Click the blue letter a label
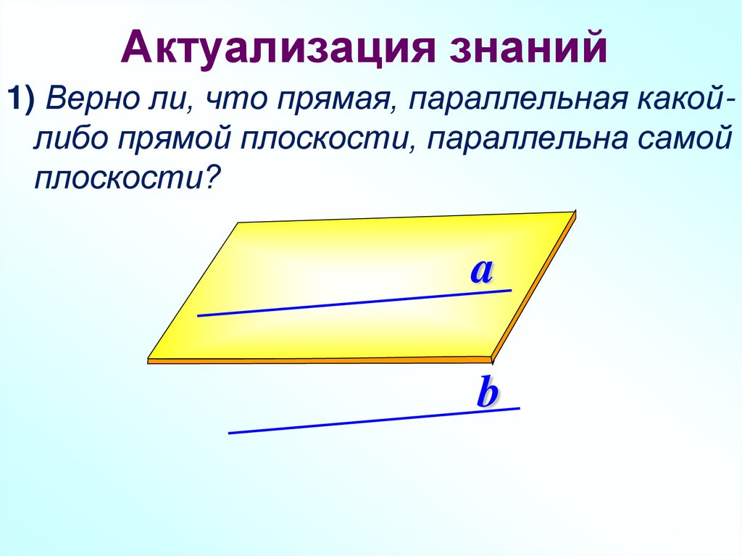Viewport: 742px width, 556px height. click(x=481, y=271)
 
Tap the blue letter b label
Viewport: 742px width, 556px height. click(x=487, y=394)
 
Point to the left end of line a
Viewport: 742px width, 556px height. click(x=199, y=315)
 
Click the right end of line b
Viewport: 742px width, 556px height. click(x=519, y=409)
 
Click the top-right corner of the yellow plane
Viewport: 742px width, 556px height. click(x=575, y=212)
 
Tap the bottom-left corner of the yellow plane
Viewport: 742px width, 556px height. click(x=149, y=358)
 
